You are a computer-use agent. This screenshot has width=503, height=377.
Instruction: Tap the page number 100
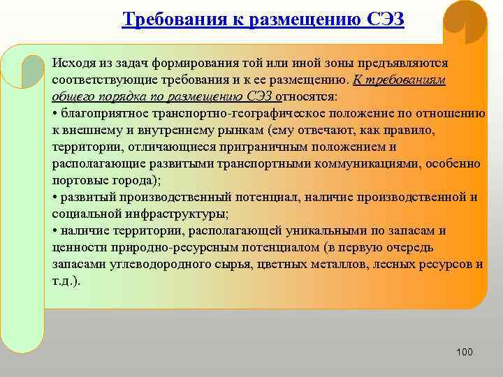tap(464, 352)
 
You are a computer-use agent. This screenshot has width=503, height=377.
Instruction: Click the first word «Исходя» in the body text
tap(71, 63)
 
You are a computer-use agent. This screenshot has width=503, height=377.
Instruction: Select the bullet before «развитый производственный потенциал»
tap(54, 197)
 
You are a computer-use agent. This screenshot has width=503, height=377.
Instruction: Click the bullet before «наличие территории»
tap(54, 230)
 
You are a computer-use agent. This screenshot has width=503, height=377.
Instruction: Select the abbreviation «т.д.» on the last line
tap(64, 281)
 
